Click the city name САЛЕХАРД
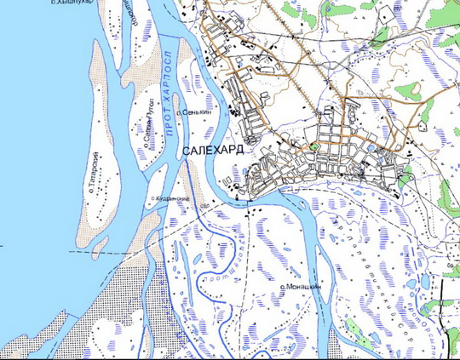coord(213,150)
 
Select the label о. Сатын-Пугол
coord(150,124)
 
